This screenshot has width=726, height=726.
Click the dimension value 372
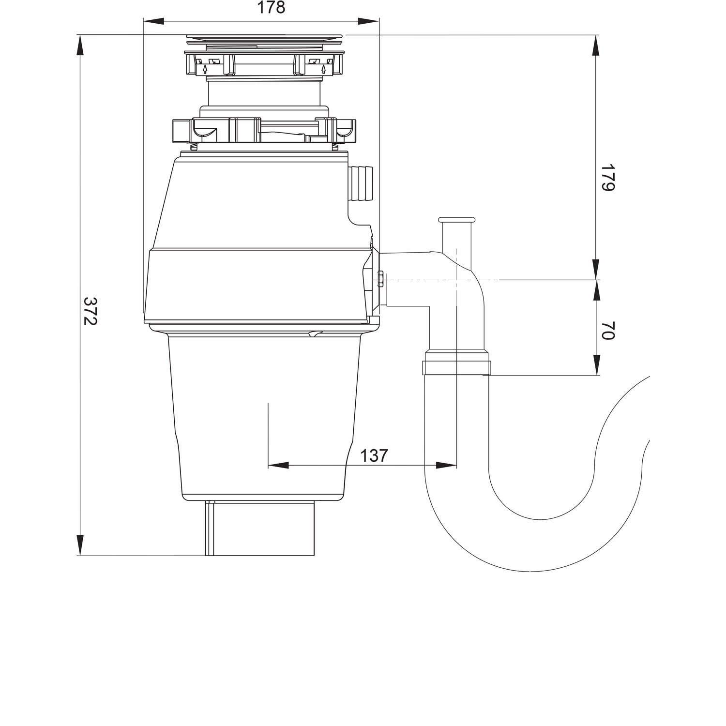(91, 311)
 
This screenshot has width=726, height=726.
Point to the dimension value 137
(374, 455)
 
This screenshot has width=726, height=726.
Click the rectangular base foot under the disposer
(261, 529)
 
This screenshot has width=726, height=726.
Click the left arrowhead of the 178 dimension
(154, 21)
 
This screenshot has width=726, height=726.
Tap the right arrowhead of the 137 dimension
(446, 465)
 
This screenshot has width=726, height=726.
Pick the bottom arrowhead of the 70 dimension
(596, 365)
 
